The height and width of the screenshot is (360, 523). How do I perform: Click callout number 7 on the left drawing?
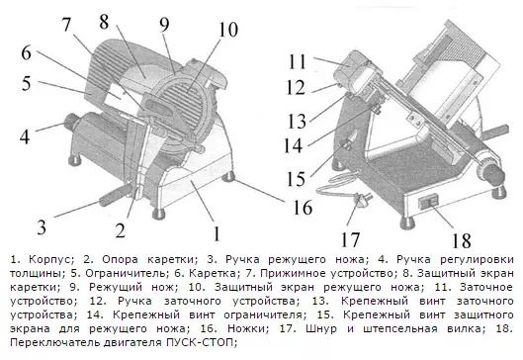[66, 25]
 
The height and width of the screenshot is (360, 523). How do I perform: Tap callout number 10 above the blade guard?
[228, 30]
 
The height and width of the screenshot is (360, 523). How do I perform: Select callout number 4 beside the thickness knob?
[25, 136]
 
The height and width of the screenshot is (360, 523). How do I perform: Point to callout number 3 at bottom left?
[42, 227]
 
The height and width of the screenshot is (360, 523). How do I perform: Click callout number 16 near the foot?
[303, 207]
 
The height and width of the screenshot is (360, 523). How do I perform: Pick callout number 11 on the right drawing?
[298, 61]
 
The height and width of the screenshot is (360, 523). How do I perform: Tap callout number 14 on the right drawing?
[293, 145]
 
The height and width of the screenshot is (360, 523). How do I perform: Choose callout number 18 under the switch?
[462, 240]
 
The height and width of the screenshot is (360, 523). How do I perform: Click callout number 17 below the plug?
[350, 239]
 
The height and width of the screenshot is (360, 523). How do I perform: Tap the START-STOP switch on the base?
[428, 202]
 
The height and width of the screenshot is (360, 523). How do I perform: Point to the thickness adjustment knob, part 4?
[72, 121]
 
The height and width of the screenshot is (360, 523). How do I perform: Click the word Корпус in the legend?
[49, 259]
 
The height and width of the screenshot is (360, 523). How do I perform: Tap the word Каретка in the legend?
[213, 273]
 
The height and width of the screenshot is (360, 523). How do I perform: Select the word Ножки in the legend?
[248, 328]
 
